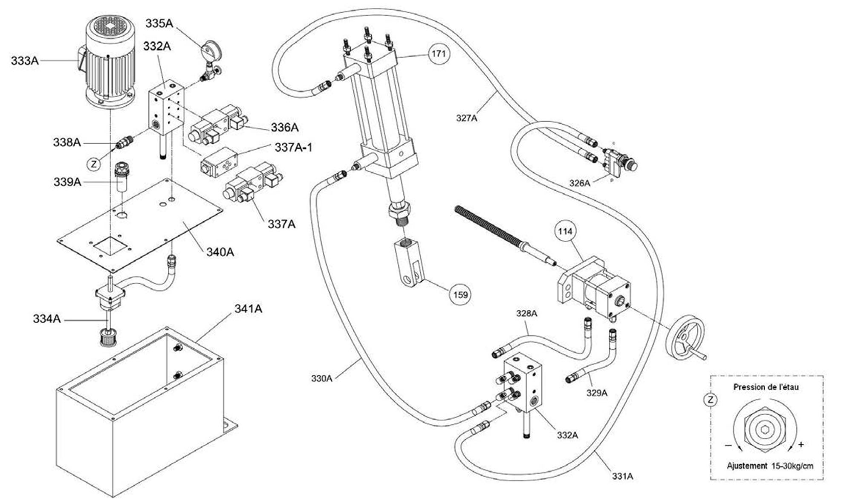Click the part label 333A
[x=25, y=61]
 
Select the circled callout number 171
[x=439, y=54]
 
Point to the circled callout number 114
[x=565, y=231]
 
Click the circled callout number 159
[x=460, y=295]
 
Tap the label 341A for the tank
[x=249, y=309]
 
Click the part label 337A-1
[x=294, y=148]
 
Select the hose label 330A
[x=321, y=378]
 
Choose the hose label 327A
[x=467, y=118]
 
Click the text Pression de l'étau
[x=766, y=387]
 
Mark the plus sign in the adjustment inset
[x=801, y=444]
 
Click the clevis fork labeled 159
[x=409, y=262]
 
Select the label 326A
[x=580, y=184]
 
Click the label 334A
[x=47, y=319]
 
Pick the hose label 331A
[x=623, y=476]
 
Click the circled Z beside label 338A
[x=94, y=164]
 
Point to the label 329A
[x=597, y=393]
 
